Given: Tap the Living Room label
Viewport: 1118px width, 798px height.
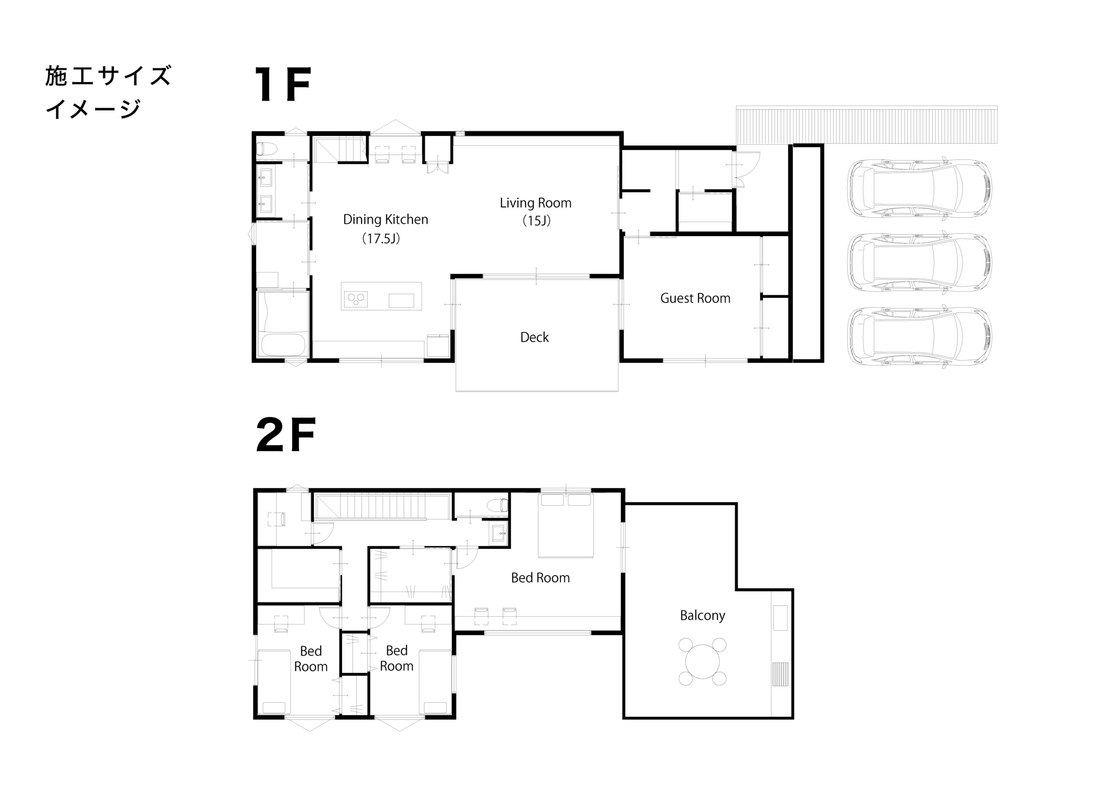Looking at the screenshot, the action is coord(536,203).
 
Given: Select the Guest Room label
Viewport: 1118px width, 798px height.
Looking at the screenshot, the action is coord(695,298).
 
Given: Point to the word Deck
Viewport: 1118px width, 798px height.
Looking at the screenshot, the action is coord(534,337).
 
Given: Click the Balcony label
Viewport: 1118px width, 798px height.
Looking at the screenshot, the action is coord(703,616).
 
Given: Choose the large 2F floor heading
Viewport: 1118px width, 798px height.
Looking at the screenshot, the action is coord(286,435).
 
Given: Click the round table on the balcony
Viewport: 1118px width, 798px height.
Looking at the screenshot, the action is coord(703,661).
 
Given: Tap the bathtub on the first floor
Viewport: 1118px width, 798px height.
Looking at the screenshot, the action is coord(283,344).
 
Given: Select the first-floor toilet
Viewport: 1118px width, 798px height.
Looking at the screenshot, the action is coord(266,149).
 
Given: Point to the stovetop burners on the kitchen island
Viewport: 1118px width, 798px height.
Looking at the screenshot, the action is coord(355,299).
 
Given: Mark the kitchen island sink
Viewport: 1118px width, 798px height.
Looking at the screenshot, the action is coord(401,301).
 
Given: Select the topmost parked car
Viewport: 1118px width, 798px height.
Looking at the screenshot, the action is coord(919,188).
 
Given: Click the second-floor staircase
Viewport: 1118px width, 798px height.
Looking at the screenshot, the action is coord(382,507).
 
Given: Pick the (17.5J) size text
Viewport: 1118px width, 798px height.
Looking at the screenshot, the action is coord(381,239).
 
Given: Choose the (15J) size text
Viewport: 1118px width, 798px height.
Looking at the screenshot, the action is coord(536,221).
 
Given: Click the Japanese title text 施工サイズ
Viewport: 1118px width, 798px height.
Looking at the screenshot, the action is coord(108,76).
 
